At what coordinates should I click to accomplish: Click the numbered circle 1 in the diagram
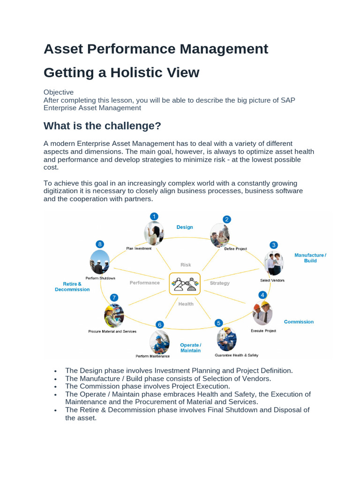click(154, 216)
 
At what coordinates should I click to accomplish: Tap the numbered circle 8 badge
click(99, 244)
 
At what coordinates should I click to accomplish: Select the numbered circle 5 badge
click(218, 323)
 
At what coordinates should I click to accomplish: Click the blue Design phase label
click(185, 227)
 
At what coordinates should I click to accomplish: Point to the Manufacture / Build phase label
click(310, 258)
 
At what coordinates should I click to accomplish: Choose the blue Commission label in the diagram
click(299, 322)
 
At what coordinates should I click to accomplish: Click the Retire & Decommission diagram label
click(72, 287)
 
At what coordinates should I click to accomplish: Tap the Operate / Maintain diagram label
click(190, 348)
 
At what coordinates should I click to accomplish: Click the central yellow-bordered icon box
click(185, 284)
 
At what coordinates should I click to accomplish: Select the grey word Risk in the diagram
click(186, 265)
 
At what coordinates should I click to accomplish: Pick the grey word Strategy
click(219, 283)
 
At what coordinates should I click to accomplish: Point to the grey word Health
click(186, 304)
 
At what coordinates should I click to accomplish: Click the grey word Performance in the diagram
click(145, 283)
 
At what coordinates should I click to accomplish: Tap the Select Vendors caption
click(272, 280)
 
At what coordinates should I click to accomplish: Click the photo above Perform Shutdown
click(100, 262)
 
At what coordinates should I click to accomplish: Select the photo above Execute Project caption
click(262, 313)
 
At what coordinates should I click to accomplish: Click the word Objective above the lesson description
click(59, 92)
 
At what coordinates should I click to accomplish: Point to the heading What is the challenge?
click(102, 126)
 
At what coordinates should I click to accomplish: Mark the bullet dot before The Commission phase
click(56, 387)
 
